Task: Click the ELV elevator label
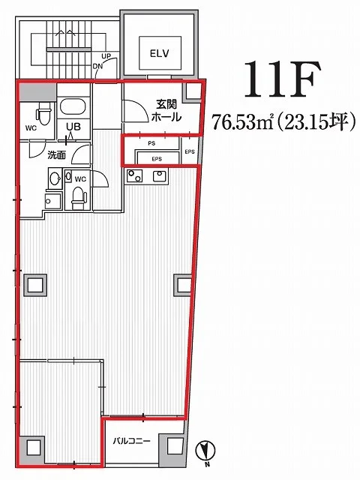pyautogui.click(x=160, y=53)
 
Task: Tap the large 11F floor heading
pyautogui.click(x=283, y=80)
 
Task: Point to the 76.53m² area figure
pyautogui.click(x=242, y=121)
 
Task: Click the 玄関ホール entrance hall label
pyautogui.click(x=166, y=110)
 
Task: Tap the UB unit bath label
pyautogui.click(x=73, y=126)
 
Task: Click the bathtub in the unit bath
pyautogui.click(x=73, y=107)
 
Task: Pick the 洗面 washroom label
pyautogui.click(x=57, y=155)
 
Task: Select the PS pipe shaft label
pyautogui.click(x=151, y=143)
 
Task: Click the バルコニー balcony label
pyautogui.click(x=132, y=441)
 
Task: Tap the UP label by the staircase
pyautogui.click(x=106, y=56)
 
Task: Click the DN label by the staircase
pyautogui.click(x=97, y=66)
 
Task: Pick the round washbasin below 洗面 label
pyautogui.click(x=55, y=178)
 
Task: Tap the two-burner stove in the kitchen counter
pyautogui.click(x=134, y=176)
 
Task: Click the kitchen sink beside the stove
pyautogui.click(x=160, y=175)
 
